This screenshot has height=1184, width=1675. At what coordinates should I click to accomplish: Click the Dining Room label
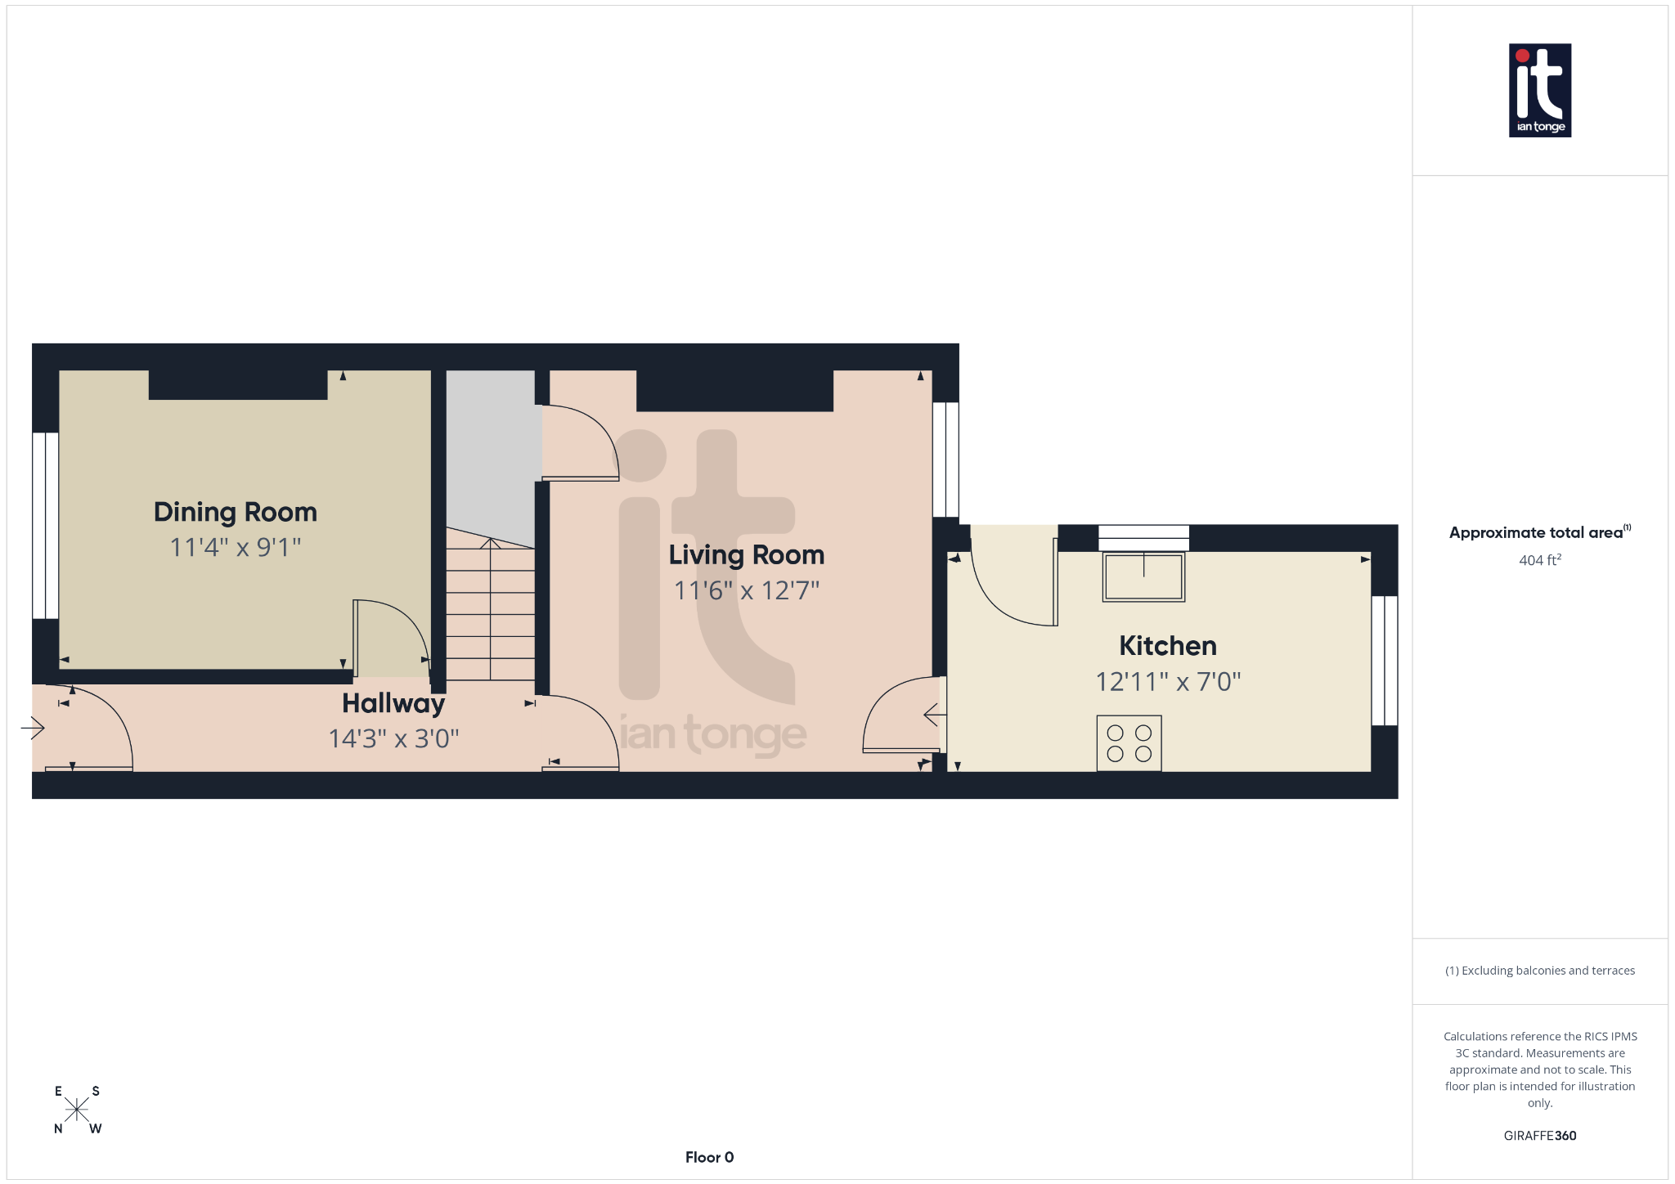[x=236, y=512]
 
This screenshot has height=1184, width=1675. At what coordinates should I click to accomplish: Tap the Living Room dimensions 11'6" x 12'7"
[x=746, y=590]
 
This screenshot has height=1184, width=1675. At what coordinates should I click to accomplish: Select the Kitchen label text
[x=1167, y=646]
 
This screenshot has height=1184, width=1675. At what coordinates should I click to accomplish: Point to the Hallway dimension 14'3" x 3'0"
[x=393, y=739]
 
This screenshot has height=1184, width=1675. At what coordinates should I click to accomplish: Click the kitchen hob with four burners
[x=1129, y=743]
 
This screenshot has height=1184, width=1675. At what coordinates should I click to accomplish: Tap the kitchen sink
[x=1143, y=576]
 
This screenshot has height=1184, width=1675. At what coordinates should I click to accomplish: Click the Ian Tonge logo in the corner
[x=1539, y=90]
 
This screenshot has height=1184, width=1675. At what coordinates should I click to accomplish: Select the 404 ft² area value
[x=1539, y=560]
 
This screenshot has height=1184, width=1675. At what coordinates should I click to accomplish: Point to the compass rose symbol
[x=77, y=1110]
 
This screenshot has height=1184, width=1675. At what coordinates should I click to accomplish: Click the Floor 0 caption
[x=709, y=1157]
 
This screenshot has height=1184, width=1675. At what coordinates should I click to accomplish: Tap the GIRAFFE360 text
[x=1539, y=1136]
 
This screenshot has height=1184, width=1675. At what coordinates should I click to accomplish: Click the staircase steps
[x=490, y=613]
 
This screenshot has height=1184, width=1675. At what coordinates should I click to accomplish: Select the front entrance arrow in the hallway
[x=34, y=727]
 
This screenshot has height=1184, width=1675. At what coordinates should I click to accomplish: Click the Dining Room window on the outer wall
[x=46, y=525]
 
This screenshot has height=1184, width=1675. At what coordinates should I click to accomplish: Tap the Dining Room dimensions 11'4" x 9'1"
[x=236, y=547]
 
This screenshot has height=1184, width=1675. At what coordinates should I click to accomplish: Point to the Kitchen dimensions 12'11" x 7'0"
[x=1168, y=682]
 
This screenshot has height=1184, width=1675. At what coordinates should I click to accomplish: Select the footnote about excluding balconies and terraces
[x=1539, y=971]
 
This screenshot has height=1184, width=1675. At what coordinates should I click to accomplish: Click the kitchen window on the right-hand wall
[x=1384, y=660]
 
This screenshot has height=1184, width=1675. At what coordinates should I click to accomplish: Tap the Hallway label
[x=393, y=703]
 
